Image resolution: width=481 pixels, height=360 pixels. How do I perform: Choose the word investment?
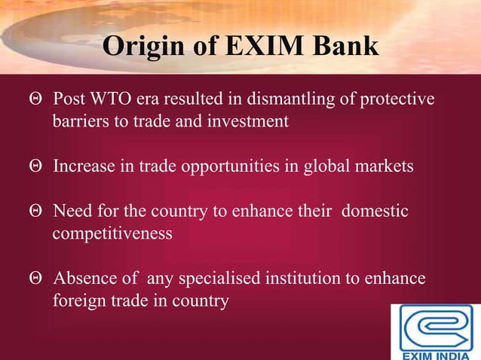tap(250, 121)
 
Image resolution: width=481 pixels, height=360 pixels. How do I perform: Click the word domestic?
tap(375, 212)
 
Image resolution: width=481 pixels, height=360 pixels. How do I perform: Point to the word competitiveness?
tap(112, 233)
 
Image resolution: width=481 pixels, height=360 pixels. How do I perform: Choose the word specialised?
tap(217, 279)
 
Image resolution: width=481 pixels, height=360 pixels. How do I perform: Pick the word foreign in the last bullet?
tap(75, 301)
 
